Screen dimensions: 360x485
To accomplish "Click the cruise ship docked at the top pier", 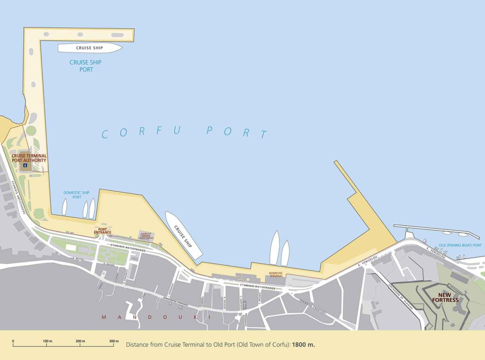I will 90,48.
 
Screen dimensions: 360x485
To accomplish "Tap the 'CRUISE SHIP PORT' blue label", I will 85,66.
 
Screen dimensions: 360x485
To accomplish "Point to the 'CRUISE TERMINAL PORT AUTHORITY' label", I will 29,158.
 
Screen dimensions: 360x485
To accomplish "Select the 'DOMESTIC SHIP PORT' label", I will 76,195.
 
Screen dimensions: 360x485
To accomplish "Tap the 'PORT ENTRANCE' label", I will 102,231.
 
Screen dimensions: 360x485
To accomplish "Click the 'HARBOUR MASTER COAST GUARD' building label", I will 146,235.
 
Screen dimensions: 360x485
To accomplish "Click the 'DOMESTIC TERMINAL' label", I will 276,274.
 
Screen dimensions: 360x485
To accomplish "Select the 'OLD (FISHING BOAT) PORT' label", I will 460,245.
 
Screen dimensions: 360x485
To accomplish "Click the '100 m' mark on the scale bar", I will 47,341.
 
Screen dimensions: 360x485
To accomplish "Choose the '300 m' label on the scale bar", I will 113,341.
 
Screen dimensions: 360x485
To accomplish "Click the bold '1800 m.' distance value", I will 304,345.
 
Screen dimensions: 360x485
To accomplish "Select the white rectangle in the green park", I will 71,248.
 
